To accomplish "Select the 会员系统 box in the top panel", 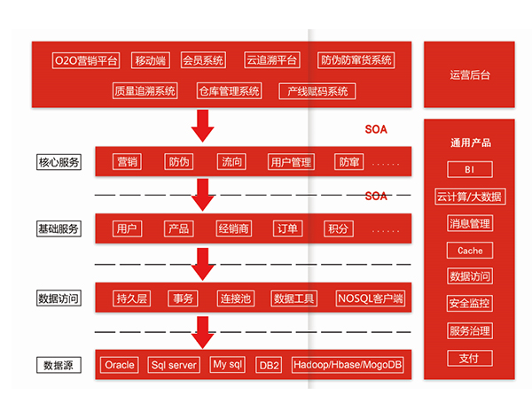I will click(x=203, y=60).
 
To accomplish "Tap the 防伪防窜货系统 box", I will click(x=356, y=60).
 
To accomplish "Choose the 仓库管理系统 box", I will click(x=229, y=90).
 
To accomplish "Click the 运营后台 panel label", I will click(x=469, y=74).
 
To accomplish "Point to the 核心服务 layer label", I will click(x=59, y=162).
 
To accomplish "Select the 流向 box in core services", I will click(x=231, y=162).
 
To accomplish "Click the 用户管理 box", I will click(x=291, y=162).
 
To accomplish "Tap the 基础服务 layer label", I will click(x=59, y=228).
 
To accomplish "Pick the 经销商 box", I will click(x=233, y=228).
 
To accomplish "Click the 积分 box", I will click(x=338, y=228).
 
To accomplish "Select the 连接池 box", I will click(x=236, y=298).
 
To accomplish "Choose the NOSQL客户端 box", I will click(x=370, y=298).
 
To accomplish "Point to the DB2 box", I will click(x=268, y=364).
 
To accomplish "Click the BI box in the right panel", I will click(x=470, y=169).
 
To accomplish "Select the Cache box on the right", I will click(x=470, y=251).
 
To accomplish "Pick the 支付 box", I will click(x=470, y=358).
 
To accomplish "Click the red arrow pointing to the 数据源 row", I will click(x=204, y=331).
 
